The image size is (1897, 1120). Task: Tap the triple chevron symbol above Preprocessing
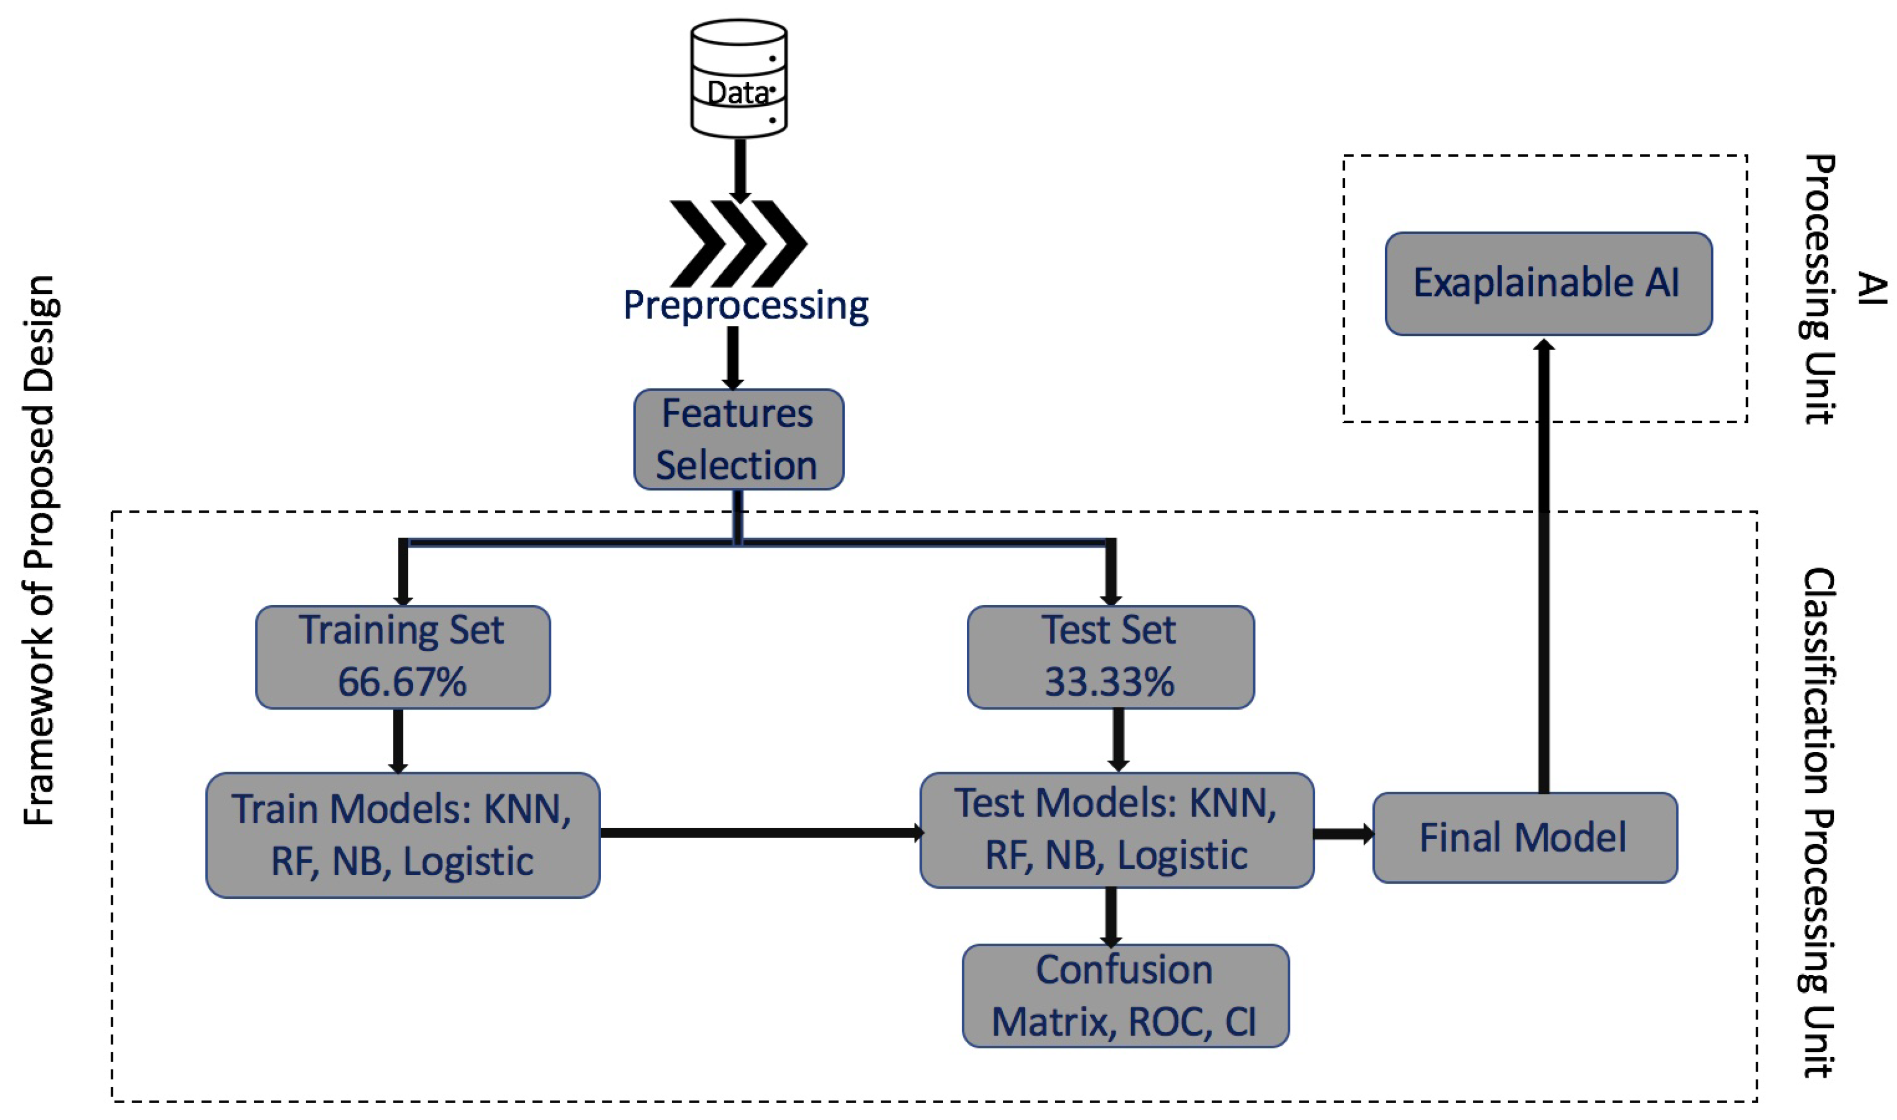tap(738, 243)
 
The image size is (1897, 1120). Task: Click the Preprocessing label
tap(746, 306)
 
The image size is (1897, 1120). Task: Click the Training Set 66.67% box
tap(402, 657)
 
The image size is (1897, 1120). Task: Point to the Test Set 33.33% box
tap(1110, 657)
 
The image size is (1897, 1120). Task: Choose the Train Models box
tap(402, 835)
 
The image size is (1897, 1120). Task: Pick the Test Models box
tap(1116, 830)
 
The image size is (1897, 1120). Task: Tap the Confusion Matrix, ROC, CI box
tap(1124, 996)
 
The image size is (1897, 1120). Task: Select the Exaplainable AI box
tap(1548, 283)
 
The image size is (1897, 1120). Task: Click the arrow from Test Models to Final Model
tap(1342, 834)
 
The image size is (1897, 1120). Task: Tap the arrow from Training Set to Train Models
tap(398, 740)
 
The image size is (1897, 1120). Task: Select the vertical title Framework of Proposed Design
tap(39, 551)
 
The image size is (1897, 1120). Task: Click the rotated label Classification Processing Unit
tap(1820, 823)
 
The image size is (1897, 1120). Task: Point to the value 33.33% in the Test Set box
tap(1110, 682)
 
